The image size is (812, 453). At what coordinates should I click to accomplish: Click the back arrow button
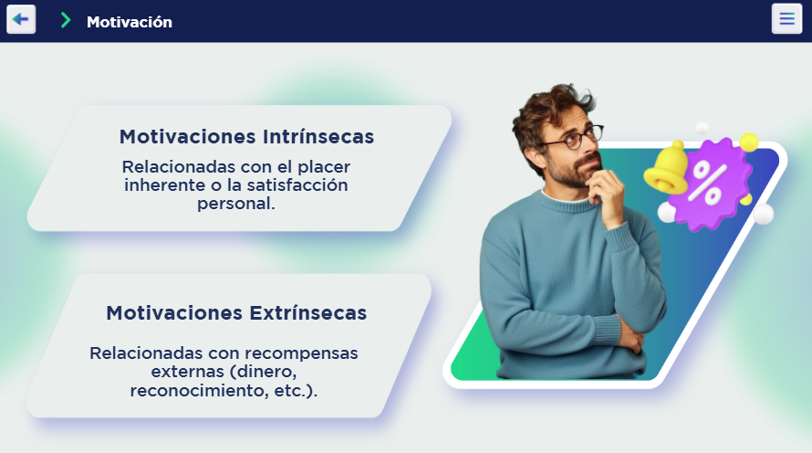pyautogui.click(x=21, y=19)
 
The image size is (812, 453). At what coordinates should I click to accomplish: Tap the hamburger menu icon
pyautogui.click(x=786, y=19)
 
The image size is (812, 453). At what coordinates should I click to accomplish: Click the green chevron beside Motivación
pyautogui.click(x=66, y=20)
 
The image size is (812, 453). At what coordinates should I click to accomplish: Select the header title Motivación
pyautogui.click(x=130, y=22)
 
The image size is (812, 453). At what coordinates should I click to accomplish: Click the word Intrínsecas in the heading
pyautogui.click(x=318, y=137)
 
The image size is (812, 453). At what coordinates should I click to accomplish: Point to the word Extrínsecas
pyautogui.click(x=308, y=313)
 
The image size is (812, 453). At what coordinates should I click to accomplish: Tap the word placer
pyautogui.click(x=324, y=167)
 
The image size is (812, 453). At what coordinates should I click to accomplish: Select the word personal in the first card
pyautogui.click(x=236, y=204)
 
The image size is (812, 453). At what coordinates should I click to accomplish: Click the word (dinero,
pyautogui.click(x=263, y=372)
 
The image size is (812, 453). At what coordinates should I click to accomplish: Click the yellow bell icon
pyautogui.click(x=667, y=168)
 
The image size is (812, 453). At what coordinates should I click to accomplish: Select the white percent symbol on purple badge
pyautogui.click(x=707, y=182)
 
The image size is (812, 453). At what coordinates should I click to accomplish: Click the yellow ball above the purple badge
pyautogui.click(x=749, y=142)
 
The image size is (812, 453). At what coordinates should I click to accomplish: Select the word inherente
pyautogui.click(x=164, y=185)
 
